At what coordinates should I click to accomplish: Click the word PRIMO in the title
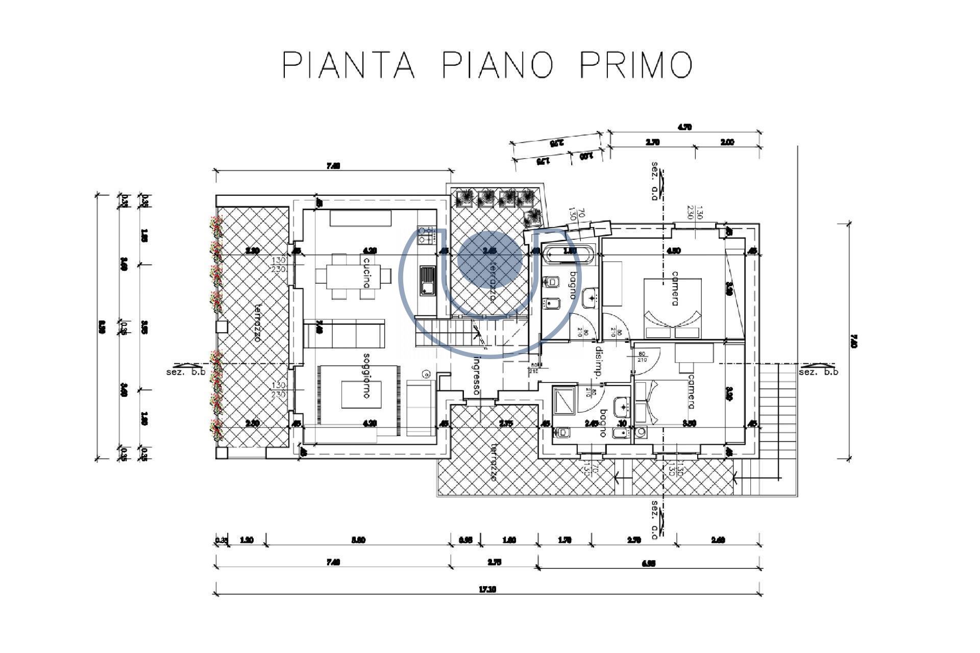pyautogui.click(x=636, y=65)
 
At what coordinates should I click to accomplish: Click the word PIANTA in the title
pyautogui.click(x=349, y=65)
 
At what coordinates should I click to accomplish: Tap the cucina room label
pyautogui.click(x=366, y=272)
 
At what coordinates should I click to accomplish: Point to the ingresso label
pyautogui.click(x=476, y=375)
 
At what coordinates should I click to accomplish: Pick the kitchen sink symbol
pyautogui.click(x=427, y=280)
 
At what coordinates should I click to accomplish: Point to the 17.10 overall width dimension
pyautogui.click(x=487, y=589)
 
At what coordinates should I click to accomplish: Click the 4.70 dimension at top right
pyautogui.click(x=684, y=128)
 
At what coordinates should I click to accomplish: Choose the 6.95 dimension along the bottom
pyautogui.click(x=648, y=563)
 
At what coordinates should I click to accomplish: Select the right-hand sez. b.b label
pyautogui.click(x=818, y=372)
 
